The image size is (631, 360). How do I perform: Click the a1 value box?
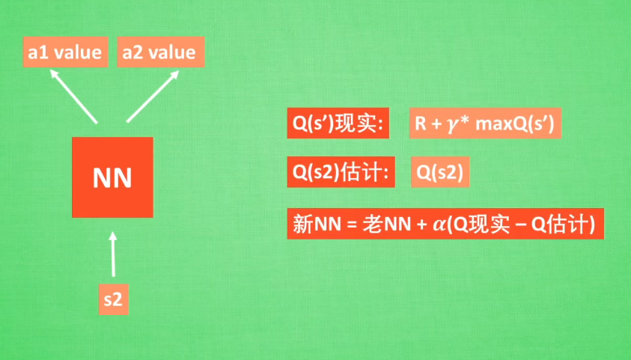pyautogui.click(x=64, y=52)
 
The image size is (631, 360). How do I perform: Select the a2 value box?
pyautogui.click(x=159, y=52)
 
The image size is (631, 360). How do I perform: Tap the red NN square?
pyautogui.click(x=112, y=177)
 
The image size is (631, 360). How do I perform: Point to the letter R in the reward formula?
pyautogui.click(x=421, y=125)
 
